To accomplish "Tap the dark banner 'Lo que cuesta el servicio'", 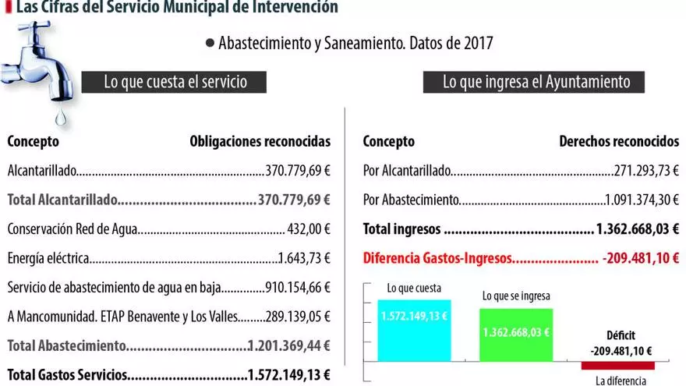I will click(175, 82).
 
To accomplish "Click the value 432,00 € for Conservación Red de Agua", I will click(309, 229).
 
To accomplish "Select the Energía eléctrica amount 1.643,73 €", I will click(305, 259).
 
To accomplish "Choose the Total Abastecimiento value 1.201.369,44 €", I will click(289, 345).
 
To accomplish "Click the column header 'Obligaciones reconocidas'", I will click(260, 142).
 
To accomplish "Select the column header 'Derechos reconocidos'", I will click(619, 142).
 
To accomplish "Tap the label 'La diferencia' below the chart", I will click(621, 381).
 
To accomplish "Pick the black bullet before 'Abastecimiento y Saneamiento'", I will click(210, 43).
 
